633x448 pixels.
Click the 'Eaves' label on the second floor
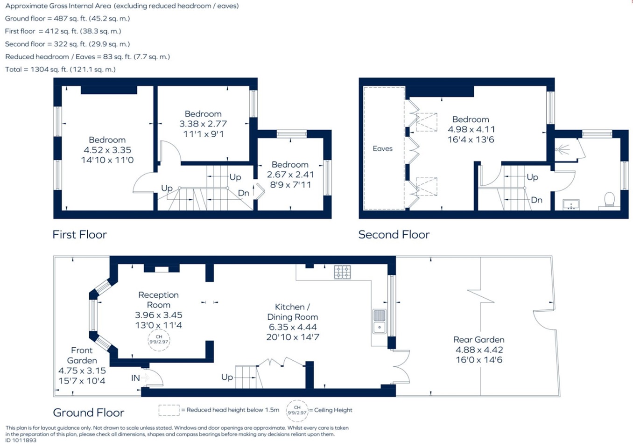(x=382, y=148)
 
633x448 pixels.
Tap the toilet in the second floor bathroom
(x=609, y=201)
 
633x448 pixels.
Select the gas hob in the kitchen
(x=342, y=273)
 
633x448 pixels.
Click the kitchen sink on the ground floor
(x=379, y=322)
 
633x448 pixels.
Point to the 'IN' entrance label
(x=135, y=378)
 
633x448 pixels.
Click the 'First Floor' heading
(x=80, y=235)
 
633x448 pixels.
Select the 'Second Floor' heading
(x=394, y=235)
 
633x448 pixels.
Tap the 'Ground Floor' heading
(x=89, y=413)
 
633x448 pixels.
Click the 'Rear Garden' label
(x=478, y=340)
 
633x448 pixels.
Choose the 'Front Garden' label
(x=82, y=355)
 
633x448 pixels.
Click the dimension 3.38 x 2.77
(x=203, y=124)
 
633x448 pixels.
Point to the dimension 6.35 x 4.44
(x=293, y=327)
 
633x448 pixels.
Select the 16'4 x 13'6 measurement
(x=471, y=140)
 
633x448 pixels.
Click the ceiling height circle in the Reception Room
(x=159, y=340)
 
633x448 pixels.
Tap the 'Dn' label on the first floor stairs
(x=244, y=193)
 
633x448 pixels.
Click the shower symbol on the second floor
(x=563, y=149)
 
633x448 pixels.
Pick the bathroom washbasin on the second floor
(x=571, y=204)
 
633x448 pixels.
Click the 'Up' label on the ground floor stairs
(x=227, y=378)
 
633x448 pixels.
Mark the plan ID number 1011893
(x=24, y=440)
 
